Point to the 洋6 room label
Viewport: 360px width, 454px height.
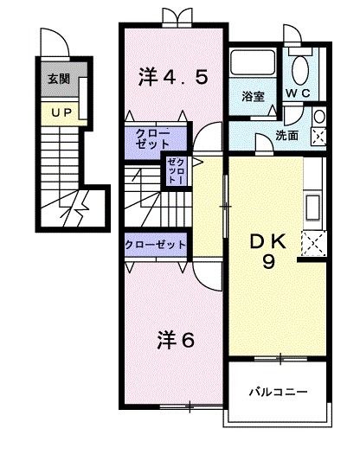175,337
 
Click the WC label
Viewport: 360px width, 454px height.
299,93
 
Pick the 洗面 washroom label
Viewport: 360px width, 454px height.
288,135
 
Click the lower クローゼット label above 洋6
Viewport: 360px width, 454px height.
156,245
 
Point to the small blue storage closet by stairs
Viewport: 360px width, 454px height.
176,170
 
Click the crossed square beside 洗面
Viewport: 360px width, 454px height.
318,135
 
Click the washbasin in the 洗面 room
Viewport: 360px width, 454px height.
318,116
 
